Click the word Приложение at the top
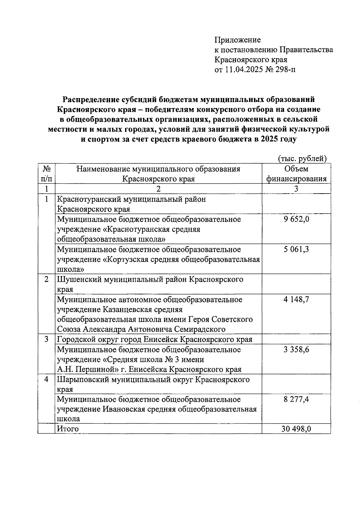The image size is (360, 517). tap(237, 40)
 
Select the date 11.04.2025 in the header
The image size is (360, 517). tap(243, 70)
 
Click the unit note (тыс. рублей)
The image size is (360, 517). tap(302, 158)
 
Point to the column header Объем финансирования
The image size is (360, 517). tap(296, 174)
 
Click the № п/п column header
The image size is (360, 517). tap(46, 174)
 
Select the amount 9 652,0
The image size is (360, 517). tap(296, 219)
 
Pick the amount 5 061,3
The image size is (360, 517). tap(296, 249)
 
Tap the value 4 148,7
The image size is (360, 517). tap(296, 299)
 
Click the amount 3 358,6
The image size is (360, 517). tap(296, 350)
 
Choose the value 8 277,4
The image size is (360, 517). tap(296, 400)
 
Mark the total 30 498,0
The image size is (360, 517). tap(296, 429)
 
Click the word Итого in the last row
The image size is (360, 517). tap(68, 429)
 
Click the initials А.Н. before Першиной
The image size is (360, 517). tap(64, 369)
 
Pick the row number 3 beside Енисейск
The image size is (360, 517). tap(46, 339)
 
